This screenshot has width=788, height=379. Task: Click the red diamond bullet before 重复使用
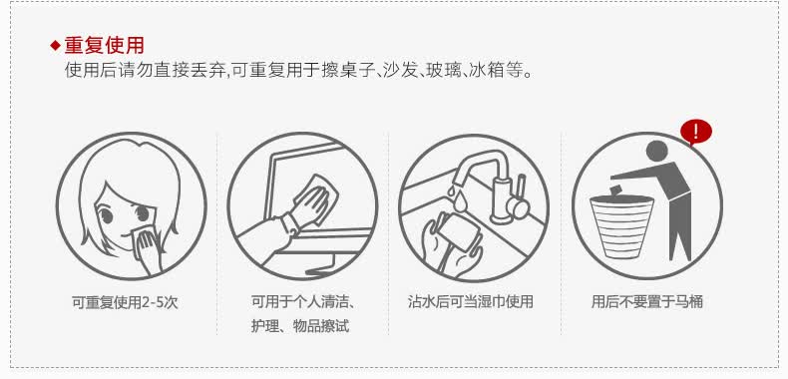click(55, 46)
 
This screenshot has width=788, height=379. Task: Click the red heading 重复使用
click(104, 46)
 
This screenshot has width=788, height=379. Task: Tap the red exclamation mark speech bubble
click(695, 133)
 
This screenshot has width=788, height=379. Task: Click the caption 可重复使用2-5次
click(125, 302)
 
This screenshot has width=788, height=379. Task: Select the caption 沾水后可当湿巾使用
click(471, 301)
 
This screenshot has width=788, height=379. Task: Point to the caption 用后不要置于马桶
click(646, 301)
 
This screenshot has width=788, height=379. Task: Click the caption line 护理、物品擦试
click(300, 326)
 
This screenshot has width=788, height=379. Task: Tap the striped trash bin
click(621, 227)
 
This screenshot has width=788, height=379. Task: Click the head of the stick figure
click(657, 152)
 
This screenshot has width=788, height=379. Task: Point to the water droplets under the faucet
click(457, 197)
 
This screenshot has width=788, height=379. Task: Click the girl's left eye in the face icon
click(106, 216)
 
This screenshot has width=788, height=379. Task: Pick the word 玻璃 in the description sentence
click(444, 71)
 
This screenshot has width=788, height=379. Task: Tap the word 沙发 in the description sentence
click(401, 71)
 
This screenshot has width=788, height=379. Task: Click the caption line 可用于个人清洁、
click(304, 302)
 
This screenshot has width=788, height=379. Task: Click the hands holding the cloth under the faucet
click(450, 243)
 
